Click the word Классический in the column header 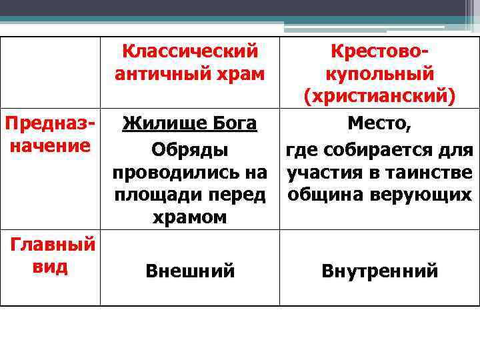(190, 51)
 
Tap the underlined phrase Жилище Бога (190, 124)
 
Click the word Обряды (190, 148)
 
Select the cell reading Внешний (190, 271)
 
